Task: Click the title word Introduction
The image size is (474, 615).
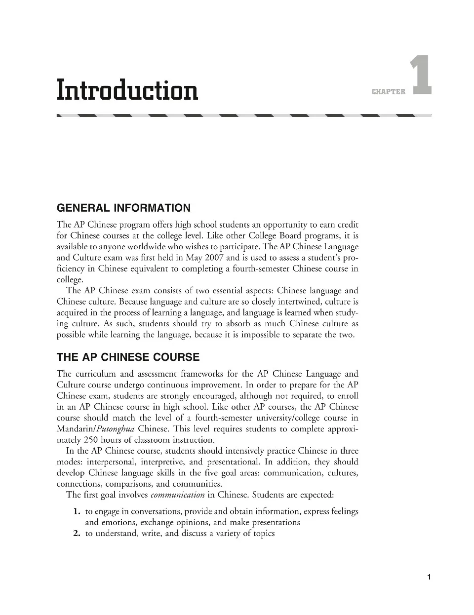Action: pyautogui.click(x=127, y=90)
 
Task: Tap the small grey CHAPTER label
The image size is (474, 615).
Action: pyautogui.click(x=388, y=91)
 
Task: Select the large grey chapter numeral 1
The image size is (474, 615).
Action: pyautogui.click(x=421, y=75)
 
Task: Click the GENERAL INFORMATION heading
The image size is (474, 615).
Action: pyautogui.click(x=123, y=208)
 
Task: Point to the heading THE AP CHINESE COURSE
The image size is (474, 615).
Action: pyautogui.click(x=128, y=357)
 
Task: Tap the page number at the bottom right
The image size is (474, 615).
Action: pyautogui.click(x=429, y=577)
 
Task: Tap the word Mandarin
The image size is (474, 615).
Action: pyautogui.click(x=77, y=429)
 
